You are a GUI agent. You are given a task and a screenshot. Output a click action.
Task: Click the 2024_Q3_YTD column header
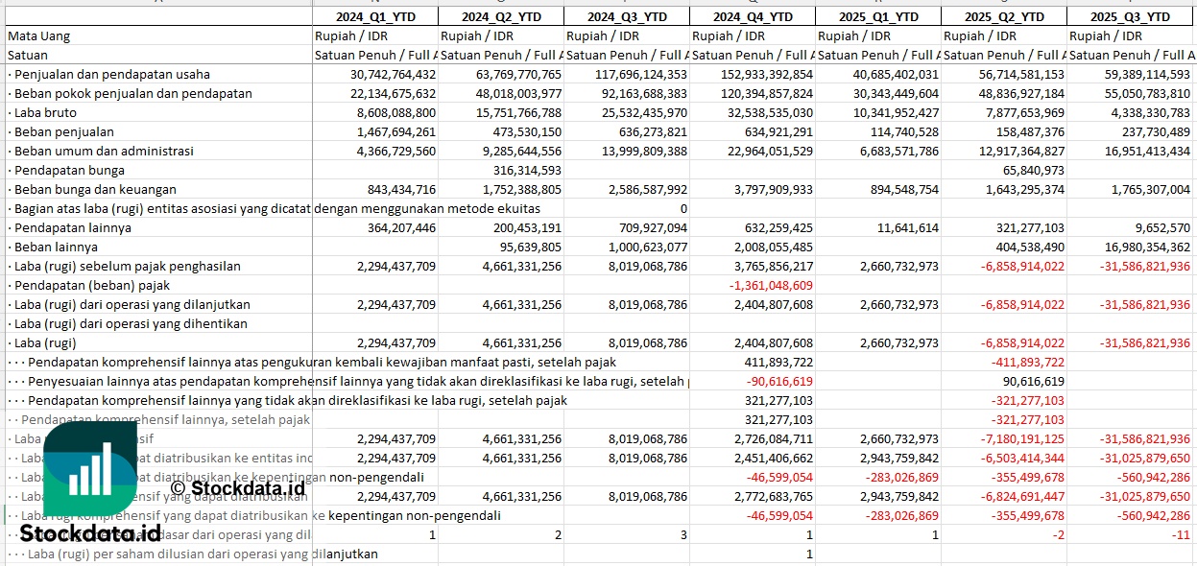[626, 16]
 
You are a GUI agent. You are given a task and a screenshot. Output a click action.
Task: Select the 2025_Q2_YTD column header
[1004, 16]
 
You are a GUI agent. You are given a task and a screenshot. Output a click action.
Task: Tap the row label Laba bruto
[46, 112]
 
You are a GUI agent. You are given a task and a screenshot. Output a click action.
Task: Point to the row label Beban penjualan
[64, 131]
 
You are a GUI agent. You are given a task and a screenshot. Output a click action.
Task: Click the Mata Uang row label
[38, 35]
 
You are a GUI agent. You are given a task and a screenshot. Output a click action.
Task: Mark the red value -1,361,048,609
[772, 285]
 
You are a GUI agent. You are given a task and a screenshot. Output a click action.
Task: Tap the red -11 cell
[1183, 534]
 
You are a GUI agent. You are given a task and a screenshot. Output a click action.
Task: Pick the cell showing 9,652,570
[1158, 227]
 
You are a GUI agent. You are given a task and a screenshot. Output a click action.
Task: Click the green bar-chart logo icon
[90, 470]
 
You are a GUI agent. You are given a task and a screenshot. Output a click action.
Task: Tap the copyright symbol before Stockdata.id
[178, 488]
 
